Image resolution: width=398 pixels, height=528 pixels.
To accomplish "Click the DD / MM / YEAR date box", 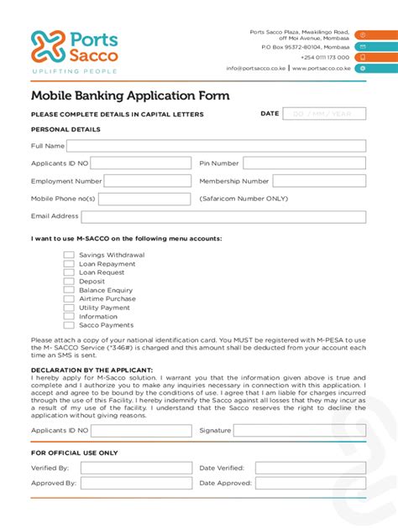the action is [324, 114].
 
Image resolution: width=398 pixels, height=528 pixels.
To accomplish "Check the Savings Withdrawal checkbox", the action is [70, 255].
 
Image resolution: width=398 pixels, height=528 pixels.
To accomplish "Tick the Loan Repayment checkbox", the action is [70, 263].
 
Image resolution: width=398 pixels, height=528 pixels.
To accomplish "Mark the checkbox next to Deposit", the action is [70, 282].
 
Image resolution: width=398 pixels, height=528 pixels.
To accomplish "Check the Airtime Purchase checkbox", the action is [70, 299].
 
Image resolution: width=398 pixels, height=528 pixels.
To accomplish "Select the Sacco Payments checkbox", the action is [70, 325].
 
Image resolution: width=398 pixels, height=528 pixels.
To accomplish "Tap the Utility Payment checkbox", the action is [70, 308].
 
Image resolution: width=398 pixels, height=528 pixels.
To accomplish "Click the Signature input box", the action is [299, 430].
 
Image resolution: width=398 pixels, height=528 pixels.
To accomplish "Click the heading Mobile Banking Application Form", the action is [130, 96].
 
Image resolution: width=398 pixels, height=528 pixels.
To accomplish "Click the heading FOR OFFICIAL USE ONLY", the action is [74, 453].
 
